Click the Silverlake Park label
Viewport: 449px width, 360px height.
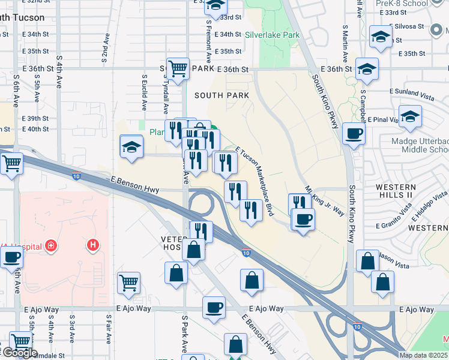coord(272,35)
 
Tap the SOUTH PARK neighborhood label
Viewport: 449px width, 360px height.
coord(221,95)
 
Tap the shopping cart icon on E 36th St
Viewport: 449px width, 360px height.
coord(178,69)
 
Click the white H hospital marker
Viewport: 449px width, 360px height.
coord(92,245)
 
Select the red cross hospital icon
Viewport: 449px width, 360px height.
coord(52,246)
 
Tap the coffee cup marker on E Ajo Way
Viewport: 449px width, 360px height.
coord(213,308)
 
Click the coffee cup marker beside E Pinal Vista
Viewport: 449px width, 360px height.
coord(354,133)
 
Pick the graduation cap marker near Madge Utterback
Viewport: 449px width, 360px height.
coord(410,116)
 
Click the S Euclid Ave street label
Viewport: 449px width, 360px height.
coord(144,92)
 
